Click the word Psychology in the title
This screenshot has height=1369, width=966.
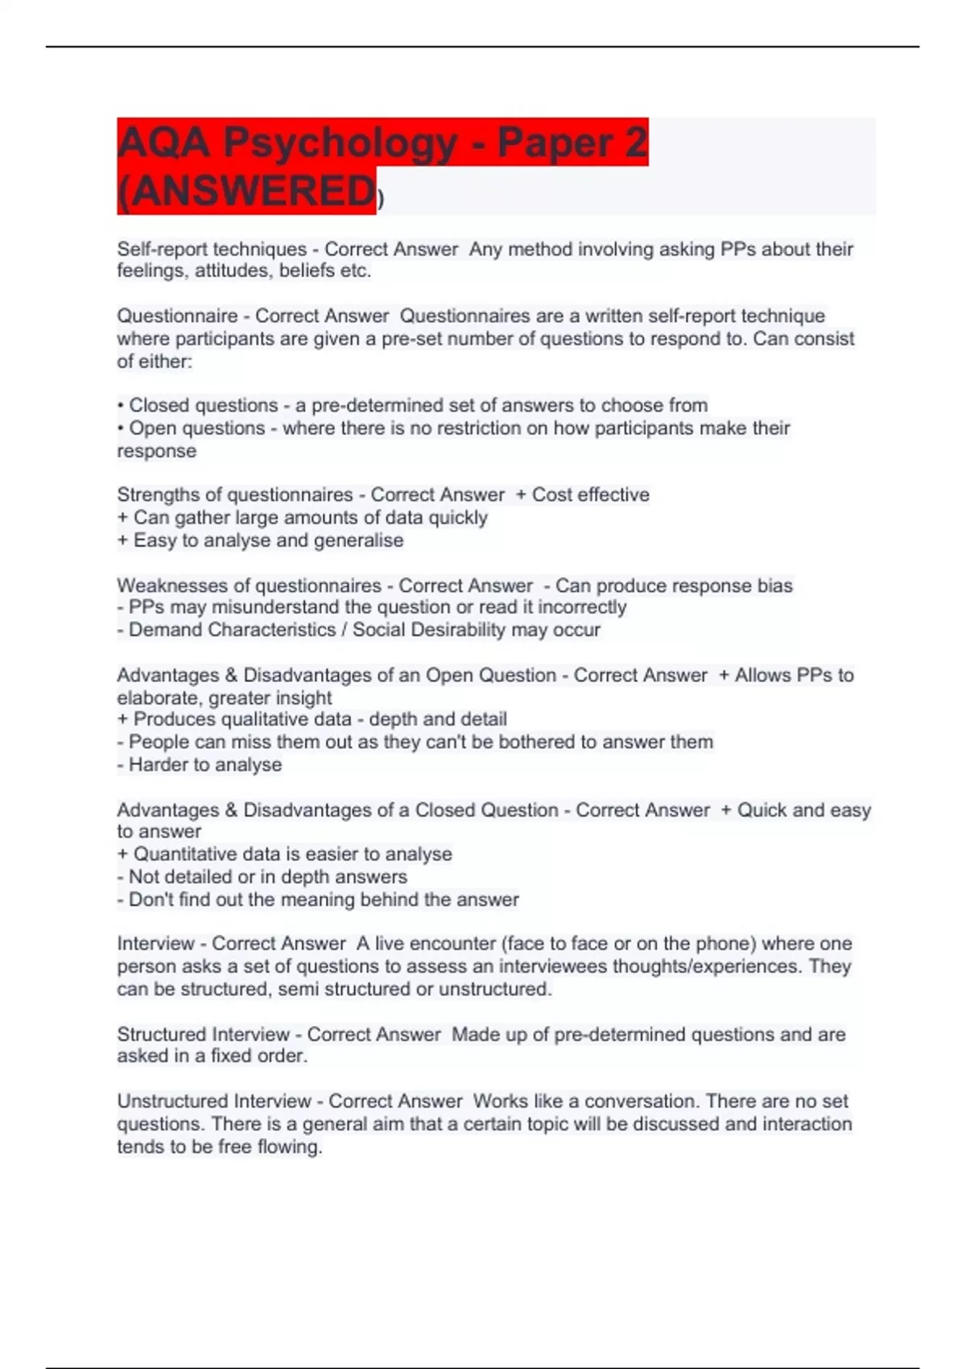(x=341, y=143)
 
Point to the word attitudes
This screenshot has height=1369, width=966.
(x=233, y=271)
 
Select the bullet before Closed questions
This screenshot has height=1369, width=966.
(x=121, y=405)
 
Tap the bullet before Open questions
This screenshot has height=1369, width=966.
(x=121, y=428)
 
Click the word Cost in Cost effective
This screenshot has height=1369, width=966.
(x=551, y=494)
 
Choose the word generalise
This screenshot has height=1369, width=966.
(x=359, y=540)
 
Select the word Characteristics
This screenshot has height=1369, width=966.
(x=271, y=630)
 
